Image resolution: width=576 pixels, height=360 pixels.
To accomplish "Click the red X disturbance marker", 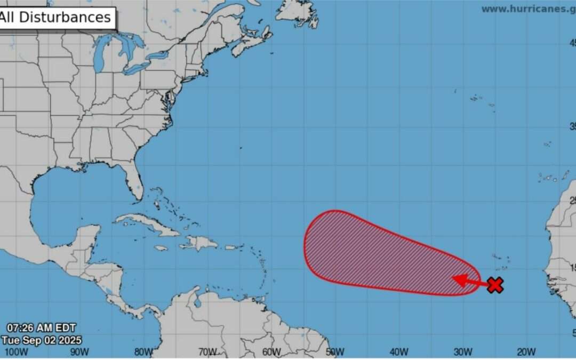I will coord(495,285).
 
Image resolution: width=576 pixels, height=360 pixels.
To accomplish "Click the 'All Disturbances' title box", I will coord(56,17).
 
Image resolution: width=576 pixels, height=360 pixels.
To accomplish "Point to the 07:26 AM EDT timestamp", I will coord(42,327).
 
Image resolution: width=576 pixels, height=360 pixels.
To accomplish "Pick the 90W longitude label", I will coord(79,351).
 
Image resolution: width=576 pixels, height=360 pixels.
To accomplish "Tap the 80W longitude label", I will coord(143,351).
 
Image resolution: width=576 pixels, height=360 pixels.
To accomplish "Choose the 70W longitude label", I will coord(207,351).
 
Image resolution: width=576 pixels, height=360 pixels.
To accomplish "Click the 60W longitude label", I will coord(271,351).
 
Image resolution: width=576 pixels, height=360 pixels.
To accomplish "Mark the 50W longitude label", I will coord(335,351).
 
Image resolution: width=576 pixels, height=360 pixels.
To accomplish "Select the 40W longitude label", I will coord(399,351).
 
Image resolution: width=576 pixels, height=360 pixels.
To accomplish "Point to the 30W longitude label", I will coord(463,351).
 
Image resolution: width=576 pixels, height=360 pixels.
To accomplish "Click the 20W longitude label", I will coord(526,351).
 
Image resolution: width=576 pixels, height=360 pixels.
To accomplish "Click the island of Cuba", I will coord(147,224).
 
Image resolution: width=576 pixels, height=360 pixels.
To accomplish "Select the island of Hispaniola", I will coord(200,243).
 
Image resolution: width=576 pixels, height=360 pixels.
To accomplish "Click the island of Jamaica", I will coord(161,248).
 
